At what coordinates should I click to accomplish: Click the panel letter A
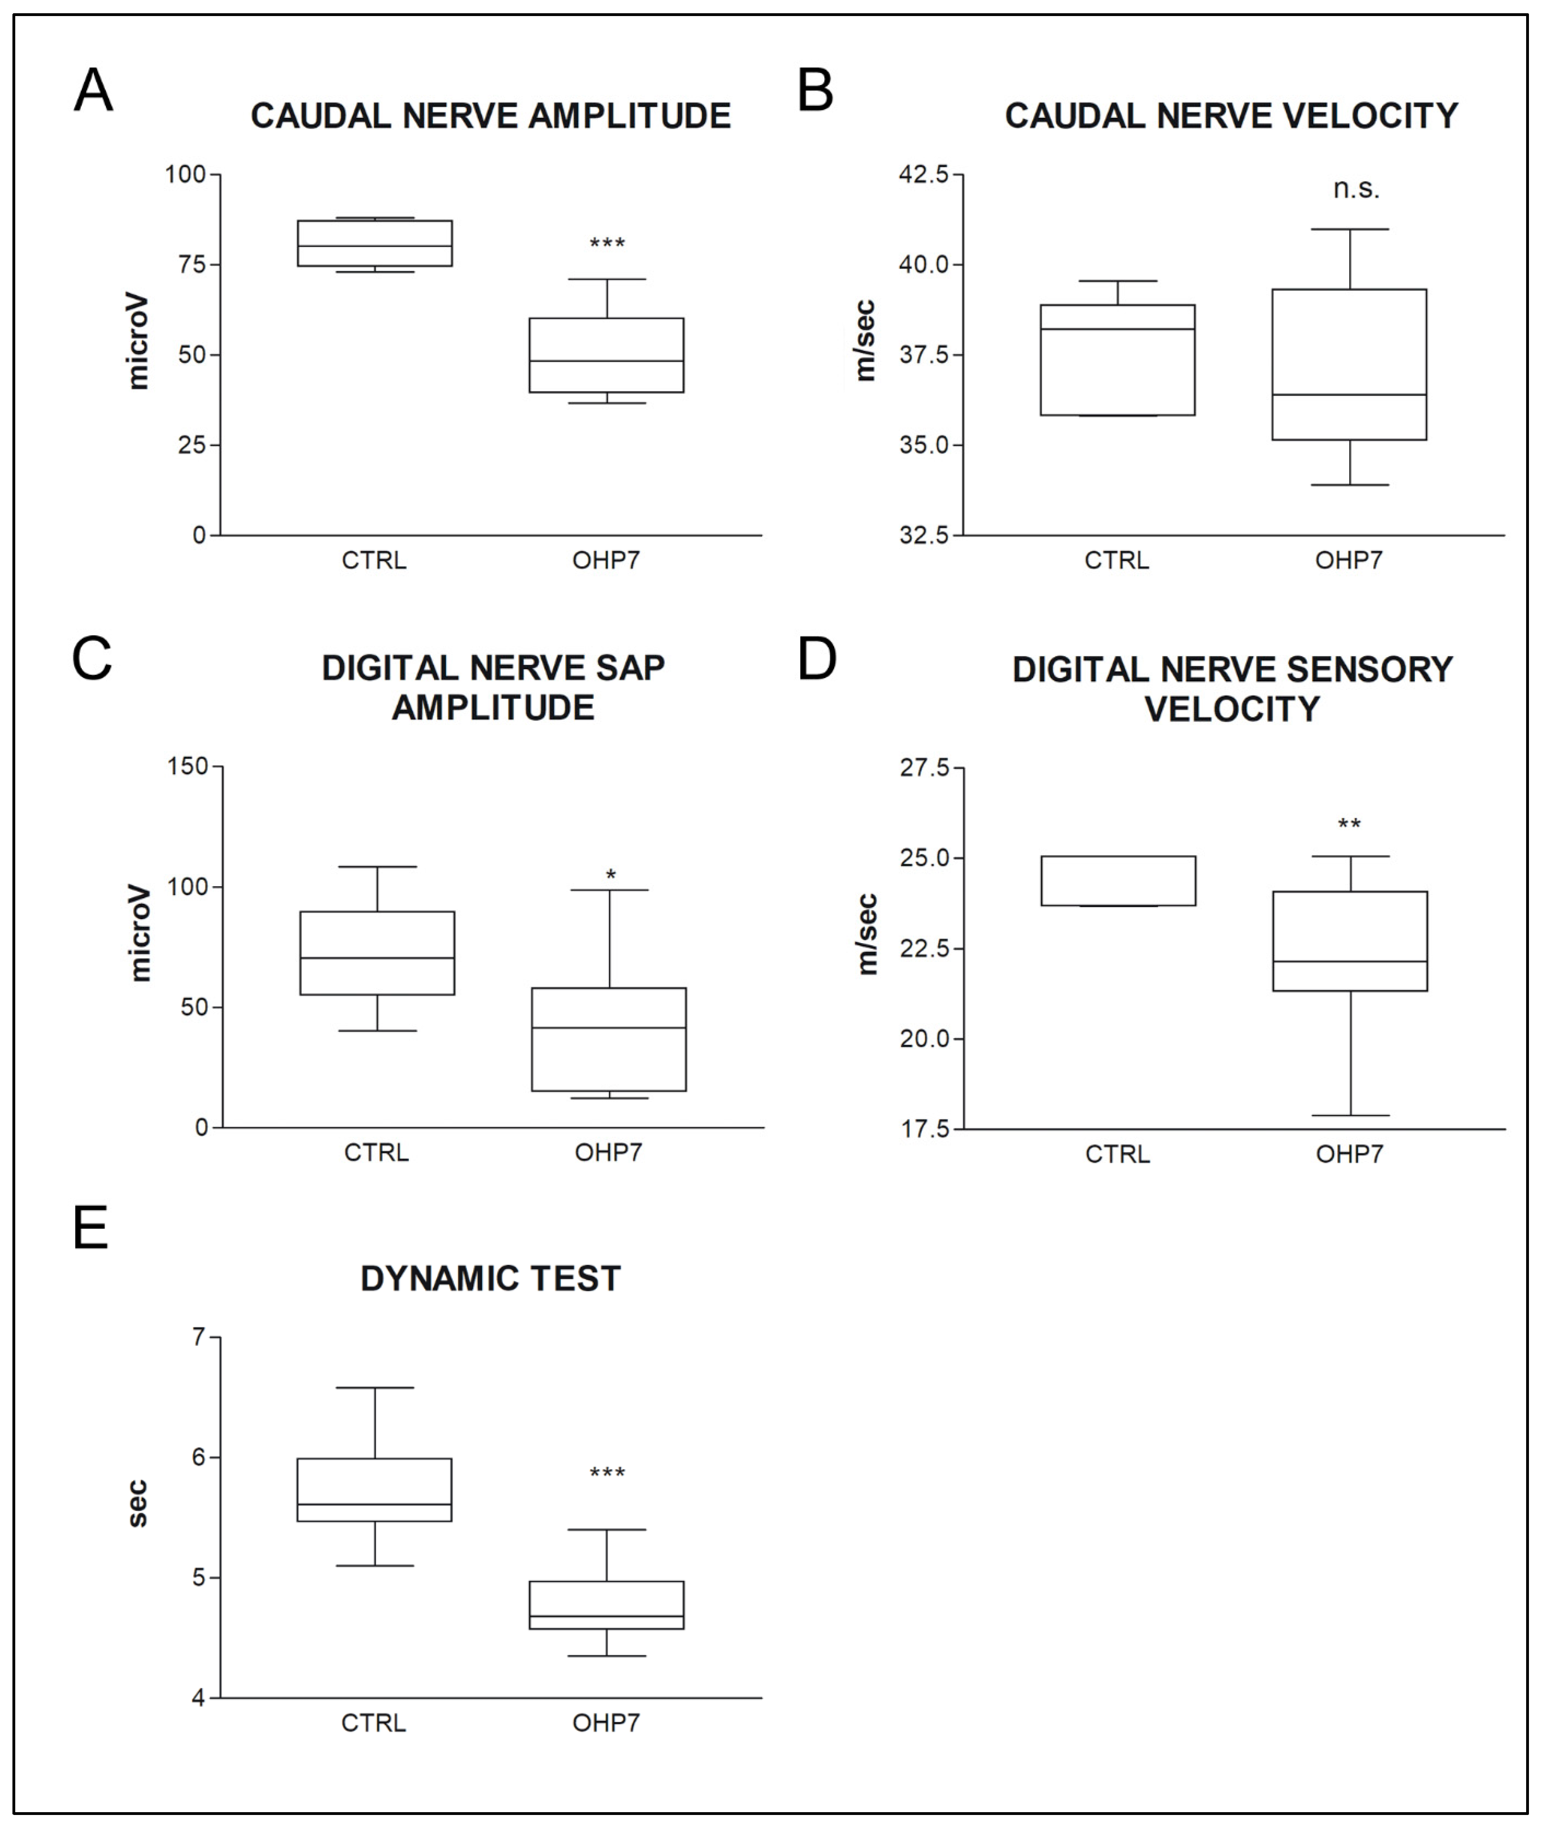coord(93,91)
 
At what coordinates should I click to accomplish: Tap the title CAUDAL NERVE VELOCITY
coord(1231,116)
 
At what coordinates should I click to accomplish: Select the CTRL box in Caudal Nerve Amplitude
coord(375,243)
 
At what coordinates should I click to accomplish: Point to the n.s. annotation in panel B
coord(1356,189)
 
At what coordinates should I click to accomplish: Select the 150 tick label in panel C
coord(188,767)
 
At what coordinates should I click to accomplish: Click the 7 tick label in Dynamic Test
coord(199,1337)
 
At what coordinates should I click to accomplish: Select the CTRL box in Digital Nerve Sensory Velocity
coord(1118,881)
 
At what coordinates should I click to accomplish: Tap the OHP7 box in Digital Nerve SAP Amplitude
coord(608,1040)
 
